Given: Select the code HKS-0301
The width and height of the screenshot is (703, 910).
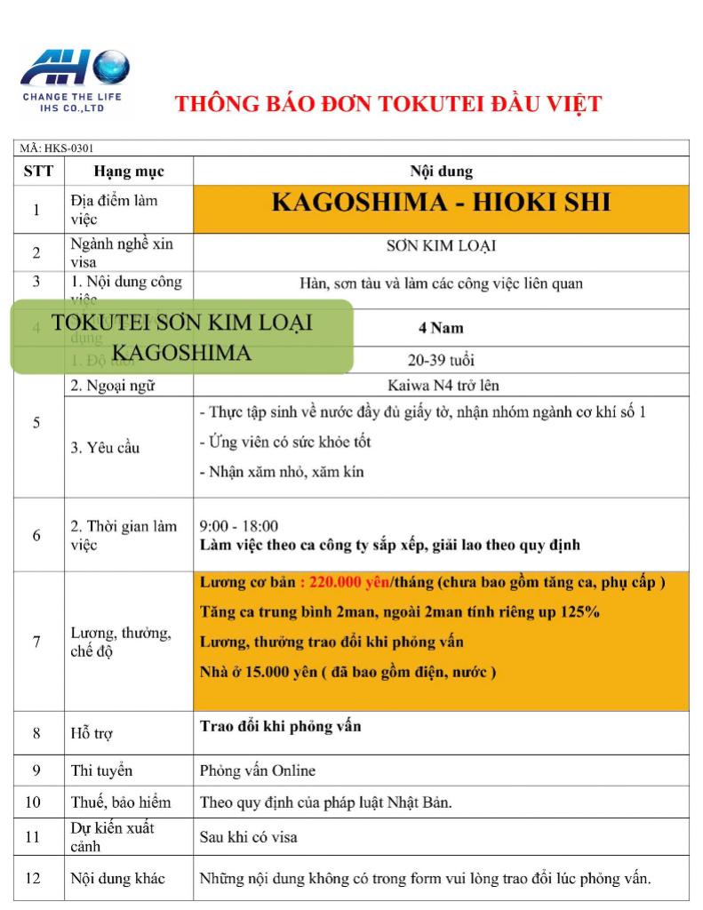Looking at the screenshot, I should (68, 148).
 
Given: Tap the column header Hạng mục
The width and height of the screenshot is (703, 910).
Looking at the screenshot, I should (129, 172).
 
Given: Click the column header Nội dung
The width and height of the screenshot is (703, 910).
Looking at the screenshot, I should (440, 172).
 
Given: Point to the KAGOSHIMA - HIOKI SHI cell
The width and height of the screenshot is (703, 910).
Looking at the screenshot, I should (440, 203).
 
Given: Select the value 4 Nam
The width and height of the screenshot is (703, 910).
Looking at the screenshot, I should (440, 328).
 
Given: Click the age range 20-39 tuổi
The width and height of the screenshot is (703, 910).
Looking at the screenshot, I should (440, 360).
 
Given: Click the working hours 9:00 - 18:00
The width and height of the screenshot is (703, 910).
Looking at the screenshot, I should (238, 526).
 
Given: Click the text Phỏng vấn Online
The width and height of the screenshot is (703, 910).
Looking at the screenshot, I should (257, 770).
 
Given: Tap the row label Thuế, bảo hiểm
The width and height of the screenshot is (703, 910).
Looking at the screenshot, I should (121, 802).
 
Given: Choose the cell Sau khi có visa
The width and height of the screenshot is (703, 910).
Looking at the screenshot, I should (248, 836).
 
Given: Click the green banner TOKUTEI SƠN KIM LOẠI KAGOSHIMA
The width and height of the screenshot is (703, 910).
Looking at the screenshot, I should (181, 337).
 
